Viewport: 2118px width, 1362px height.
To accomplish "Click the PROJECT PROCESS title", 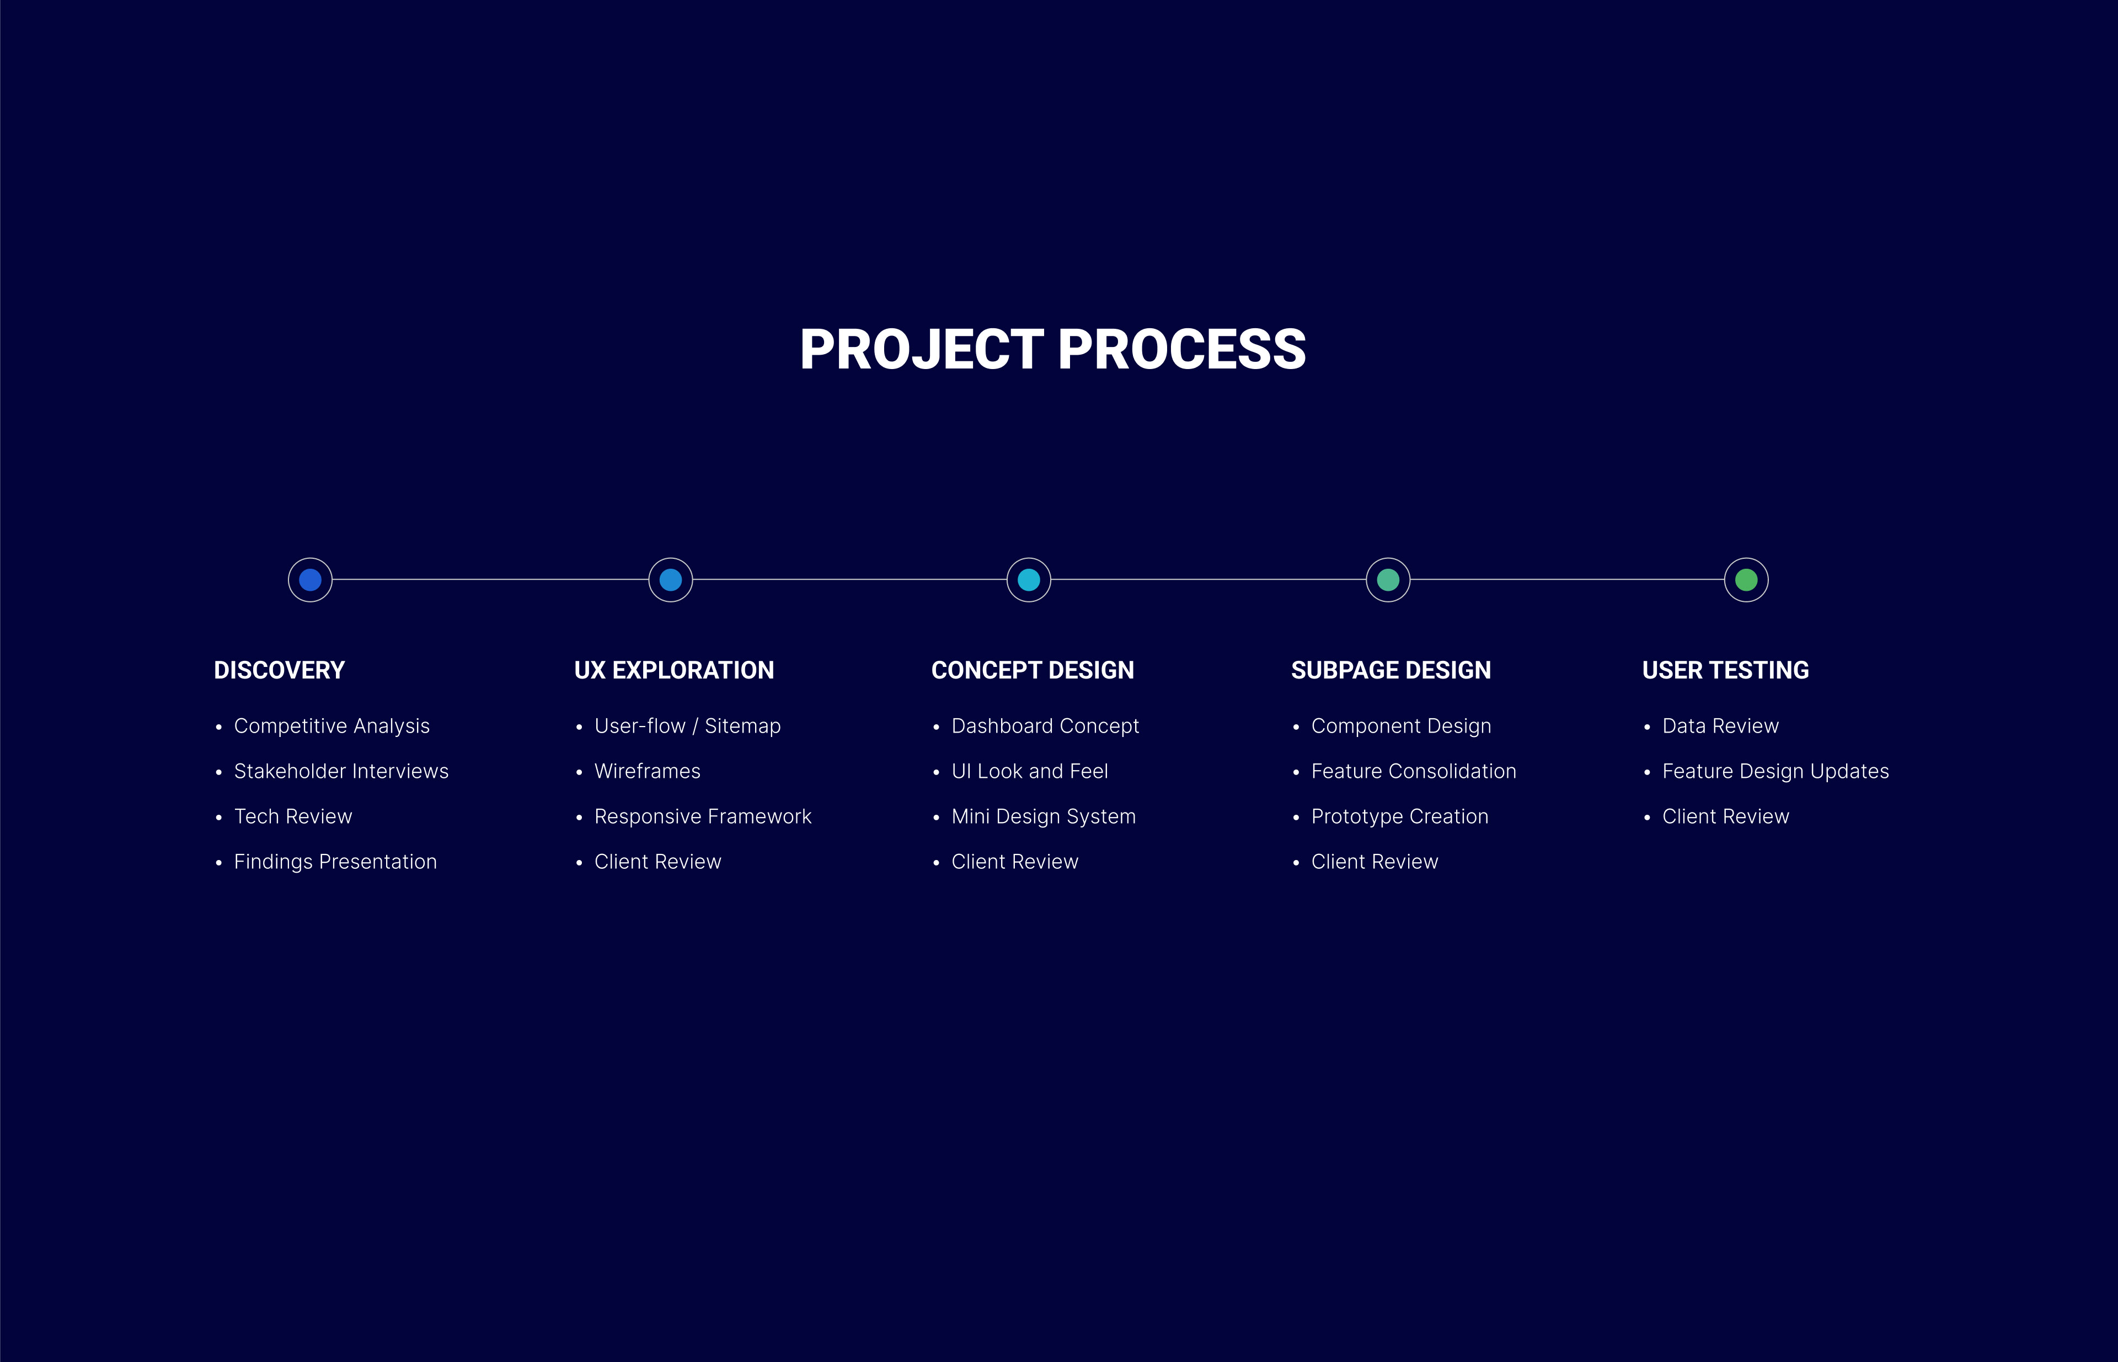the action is click(1052, 349).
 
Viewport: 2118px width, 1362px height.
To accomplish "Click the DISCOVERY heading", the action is click(280, 670).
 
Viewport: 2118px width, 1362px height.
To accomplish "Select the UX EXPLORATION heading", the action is click(674, 670).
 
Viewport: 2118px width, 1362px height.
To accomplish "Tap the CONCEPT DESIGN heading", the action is click(1032, 670).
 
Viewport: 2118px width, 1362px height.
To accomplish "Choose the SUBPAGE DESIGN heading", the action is click(1391, 670).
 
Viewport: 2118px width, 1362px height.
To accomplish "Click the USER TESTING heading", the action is click(1725, 670).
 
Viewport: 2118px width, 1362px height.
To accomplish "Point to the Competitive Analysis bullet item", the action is click(331, 726).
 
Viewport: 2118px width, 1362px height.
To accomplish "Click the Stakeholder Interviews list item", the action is click(341, 771).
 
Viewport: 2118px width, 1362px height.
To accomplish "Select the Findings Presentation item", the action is click(335, 862).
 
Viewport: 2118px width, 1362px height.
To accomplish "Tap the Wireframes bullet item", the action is click(648, 771).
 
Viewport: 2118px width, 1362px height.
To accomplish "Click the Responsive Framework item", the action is click(703, 816).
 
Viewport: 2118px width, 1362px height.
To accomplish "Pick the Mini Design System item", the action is click(1044, 816).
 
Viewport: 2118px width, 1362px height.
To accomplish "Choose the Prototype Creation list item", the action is click(1400, 816).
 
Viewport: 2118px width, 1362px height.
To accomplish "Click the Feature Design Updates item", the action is click(1776, 771).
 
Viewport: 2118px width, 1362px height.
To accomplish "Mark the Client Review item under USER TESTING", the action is click(1725, 816).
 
